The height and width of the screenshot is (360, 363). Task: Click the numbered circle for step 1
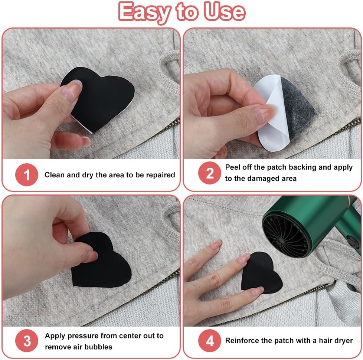[27, 174]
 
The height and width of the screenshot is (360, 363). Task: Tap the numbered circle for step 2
[209, 173]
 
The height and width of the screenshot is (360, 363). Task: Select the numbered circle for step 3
[27, 341]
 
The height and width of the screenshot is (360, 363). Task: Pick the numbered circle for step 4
[209, 341]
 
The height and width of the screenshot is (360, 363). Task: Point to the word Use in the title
[224, 12]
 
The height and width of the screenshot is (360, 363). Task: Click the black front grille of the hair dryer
[286, 236]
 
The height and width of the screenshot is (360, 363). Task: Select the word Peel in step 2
[233, 167]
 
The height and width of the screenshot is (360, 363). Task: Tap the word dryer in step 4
[343, 341]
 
